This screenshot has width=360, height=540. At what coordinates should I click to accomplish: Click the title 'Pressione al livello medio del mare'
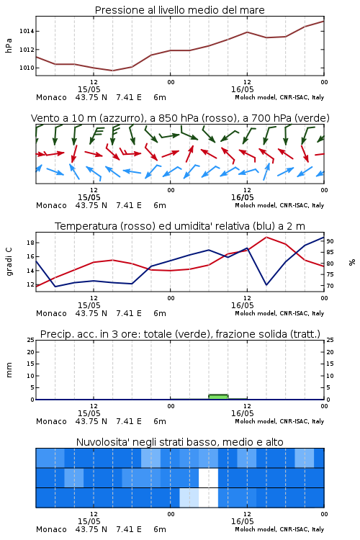point(179,10)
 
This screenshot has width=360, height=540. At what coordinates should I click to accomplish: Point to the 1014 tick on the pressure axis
point(27,32)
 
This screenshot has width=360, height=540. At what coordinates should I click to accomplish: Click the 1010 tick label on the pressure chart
point(27,68)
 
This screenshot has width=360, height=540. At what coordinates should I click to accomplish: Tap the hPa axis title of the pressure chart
point(9,45)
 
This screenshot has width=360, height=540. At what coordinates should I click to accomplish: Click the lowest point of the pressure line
point(112,71)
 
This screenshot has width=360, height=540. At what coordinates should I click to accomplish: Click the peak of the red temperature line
point(266,237)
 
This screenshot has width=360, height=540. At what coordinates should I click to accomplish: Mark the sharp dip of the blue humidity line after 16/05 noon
point(266,285)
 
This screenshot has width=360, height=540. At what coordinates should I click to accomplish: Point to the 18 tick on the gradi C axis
point(31,243)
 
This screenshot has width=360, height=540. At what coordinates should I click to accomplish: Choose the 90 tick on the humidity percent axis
point(330,241)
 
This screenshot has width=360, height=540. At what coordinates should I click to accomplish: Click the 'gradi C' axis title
point(9,262)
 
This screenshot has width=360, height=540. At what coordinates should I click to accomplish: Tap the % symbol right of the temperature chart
point(352,262)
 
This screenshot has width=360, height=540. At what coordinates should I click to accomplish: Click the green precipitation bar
point(218,397)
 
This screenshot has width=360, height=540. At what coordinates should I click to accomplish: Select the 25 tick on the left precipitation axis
point(31,340)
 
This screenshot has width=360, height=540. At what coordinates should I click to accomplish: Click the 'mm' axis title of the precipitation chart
point(9,370)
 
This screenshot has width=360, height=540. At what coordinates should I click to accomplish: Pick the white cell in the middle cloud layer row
point(208,477)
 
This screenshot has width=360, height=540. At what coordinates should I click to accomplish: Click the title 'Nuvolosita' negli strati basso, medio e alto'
point(179,442)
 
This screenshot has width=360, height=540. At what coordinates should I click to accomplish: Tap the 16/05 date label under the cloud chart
point(242,521)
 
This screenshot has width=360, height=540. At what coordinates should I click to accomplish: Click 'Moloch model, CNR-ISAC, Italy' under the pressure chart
point(279,97)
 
